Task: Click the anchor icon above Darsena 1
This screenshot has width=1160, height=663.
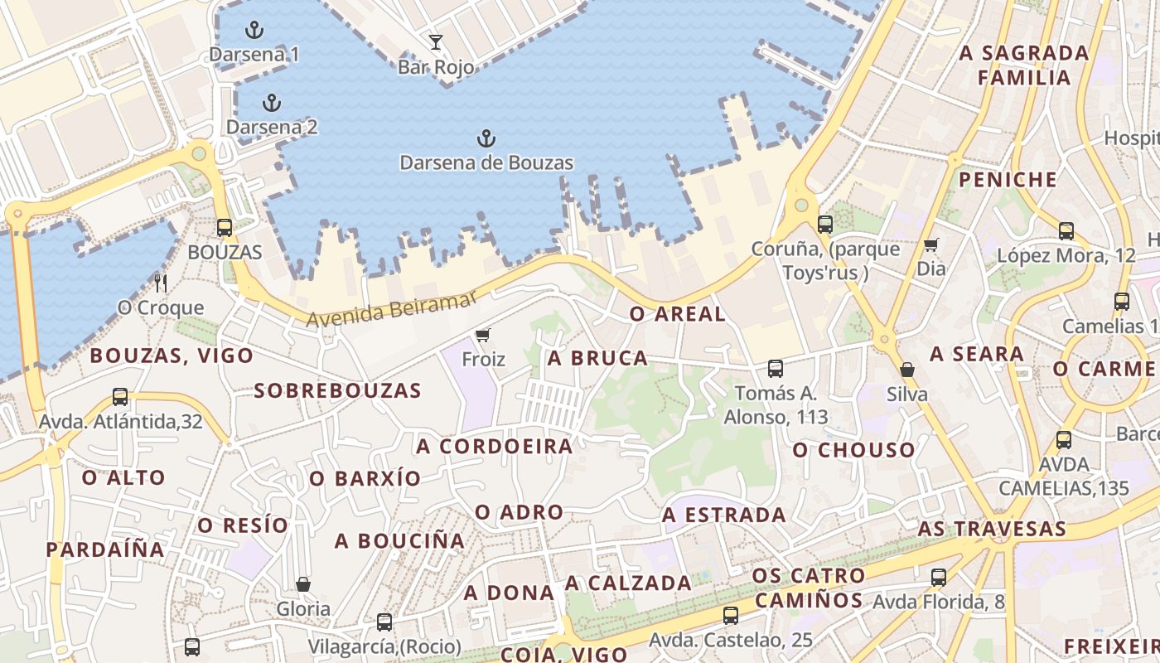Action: click(254, 31)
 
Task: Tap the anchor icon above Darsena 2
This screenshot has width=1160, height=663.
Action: click(271, 104)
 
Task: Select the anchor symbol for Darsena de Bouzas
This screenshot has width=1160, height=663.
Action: click(486, 138)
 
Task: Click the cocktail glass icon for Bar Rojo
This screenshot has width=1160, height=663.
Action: click(436, 42)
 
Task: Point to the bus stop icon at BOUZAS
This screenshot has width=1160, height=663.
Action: click(225, 228)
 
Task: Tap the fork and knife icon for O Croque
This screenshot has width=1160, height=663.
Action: click(161, 283)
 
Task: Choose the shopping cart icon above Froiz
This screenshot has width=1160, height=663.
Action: click(482, 336)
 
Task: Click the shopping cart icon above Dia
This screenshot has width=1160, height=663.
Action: click(930, 244)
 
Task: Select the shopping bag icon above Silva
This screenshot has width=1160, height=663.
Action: click(907, 370)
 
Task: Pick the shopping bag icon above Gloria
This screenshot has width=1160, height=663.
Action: click(303, 584)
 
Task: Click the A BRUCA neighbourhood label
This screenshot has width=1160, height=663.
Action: click(597, 358)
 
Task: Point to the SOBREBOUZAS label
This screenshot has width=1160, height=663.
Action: click(337, 390)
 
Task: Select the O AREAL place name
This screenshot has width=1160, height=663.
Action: click(677, 314)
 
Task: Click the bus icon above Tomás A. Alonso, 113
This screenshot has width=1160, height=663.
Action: click(776, 369)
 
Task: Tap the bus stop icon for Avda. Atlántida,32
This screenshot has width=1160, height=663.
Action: click(120, 397)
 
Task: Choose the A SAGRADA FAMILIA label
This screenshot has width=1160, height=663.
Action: click(1024, 65)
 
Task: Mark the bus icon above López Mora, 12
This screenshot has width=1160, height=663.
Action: click(1066, 231)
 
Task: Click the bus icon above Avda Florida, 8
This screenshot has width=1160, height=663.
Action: click(939, 578)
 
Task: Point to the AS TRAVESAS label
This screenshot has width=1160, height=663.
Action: click(992, 529)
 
